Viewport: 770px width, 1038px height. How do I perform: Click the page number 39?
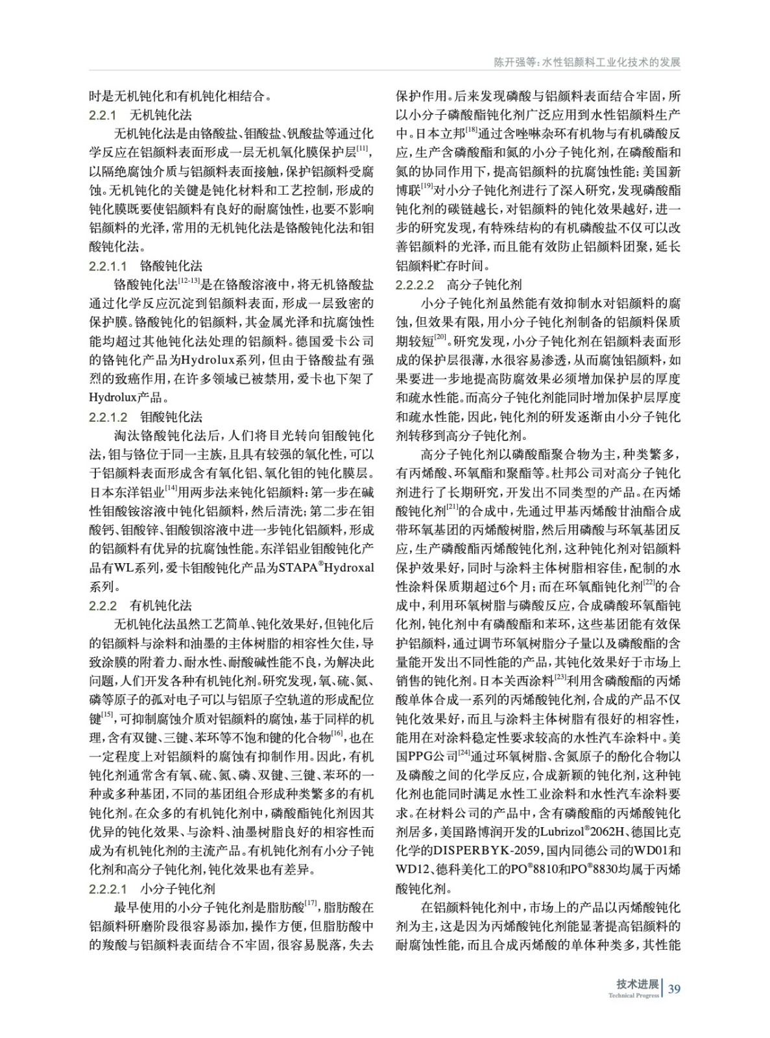[674, 989]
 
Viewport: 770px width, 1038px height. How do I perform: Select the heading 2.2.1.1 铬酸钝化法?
[145, 266]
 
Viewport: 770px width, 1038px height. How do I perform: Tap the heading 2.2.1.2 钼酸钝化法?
[145, 417]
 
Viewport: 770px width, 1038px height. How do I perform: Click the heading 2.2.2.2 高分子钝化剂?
[459, 285]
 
